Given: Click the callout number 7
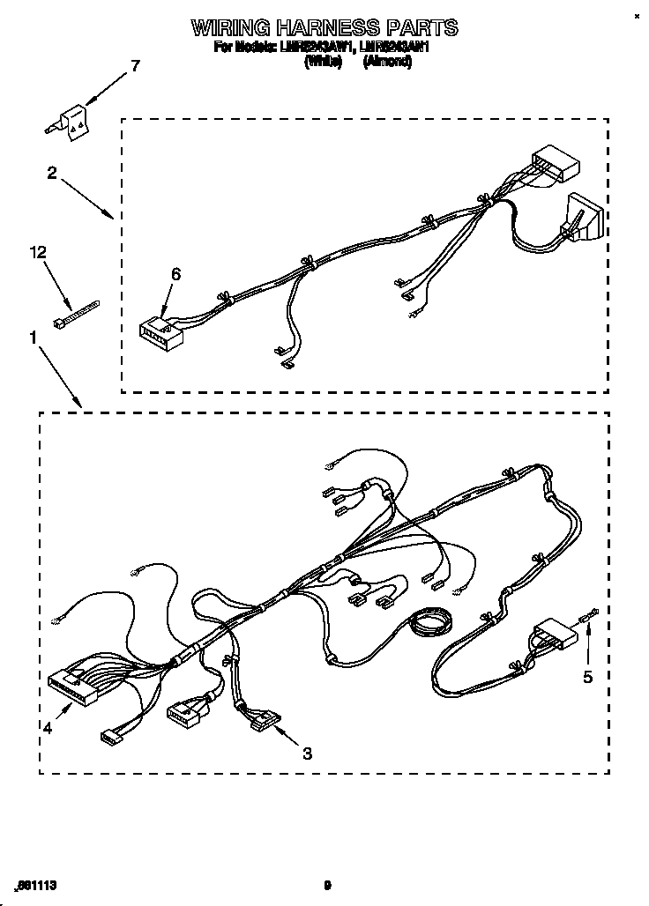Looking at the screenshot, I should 134,65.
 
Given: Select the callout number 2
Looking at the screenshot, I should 52,173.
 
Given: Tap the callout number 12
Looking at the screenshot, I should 36,254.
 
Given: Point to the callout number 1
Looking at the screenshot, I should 33,336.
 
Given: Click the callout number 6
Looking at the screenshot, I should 175,275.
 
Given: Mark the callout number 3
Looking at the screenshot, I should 307,753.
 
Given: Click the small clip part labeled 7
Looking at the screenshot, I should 73,121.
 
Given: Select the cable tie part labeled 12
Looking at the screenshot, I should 78,313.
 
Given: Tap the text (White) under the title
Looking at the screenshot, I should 324,62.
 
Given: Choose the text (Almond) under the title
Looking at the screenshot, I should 388,62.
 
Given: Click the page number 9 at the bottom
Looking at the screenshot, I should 326,885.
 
